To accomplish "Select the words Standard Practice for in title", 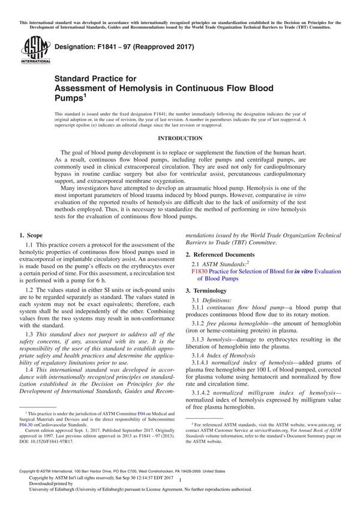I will click(x=95, y=78).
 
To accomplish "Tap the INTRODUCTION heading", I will click(x=179, y=138).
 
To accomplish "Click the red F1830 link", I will click(x=199, y=271).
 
